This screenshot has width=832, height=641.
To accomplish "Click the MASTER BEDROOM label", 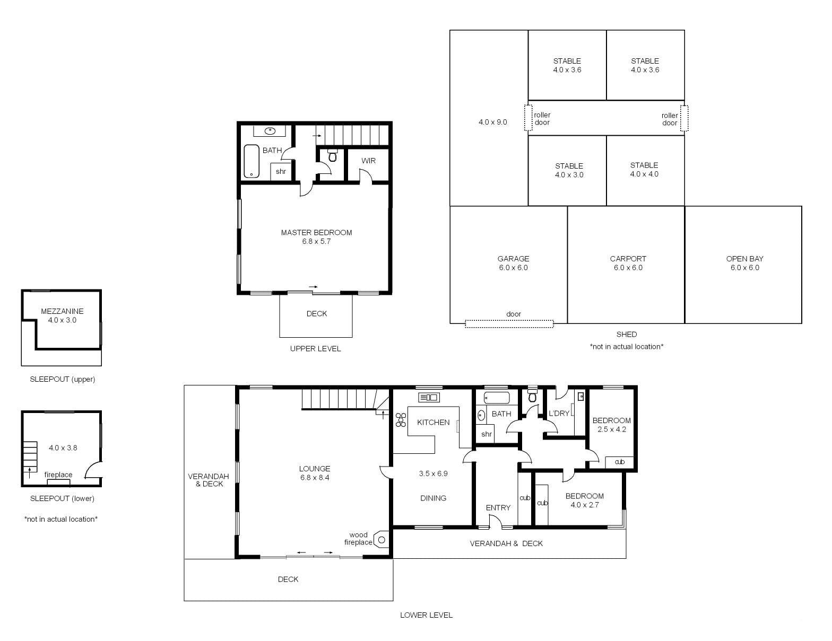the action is (316, 233).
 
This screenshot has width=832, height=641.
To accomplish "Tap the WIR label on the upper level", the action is (368, 161).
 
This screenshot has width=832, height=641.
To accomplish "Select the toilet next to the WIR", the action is (333, 155).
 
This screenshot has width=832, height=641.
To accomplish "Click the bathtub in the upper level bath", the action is (252, 161).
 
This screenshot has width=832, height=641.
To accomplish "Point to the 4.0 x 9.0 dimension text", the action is (493, 122).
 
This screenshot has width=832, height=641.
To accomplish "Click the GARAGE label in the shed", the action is (513, 259).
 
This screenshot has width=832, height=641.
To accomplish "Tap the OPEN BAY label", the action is (744, 259).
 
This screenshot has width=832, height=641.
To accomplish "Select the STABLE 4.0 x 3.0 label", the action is (569, 170).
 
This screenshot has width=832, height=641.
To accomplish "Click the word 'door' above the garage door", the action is (514, 314).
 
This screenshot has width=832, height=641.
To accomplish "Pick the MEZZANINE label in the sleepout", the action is (62, 311).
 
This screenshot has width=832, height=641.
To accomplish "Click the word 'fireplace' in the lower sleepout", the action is (58, 475).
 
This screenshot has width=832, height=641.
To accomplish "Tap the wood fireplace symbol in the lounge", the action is (382, 540).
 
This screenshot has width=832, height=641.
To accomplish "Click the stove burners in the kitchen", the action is (401, 419).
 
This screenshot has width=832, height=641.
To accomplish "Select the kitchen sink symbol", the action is (429, 397).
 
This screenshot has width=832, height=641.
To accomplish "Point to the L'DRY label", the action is (559, 414).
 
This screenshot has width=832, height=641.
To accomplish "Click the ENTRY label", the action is (498, 507).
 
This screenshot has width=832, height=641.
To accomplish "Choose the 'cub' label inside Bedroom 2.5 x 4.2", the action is (620, 462).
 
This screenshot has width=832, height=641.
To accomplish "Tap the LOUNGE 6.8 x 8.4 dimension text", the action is (315, 478).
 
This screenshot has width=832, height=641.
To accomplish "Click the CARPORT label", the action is (628, 259).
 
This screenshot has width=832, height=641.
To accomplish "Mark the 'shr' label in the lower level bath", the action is (486, 434).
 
